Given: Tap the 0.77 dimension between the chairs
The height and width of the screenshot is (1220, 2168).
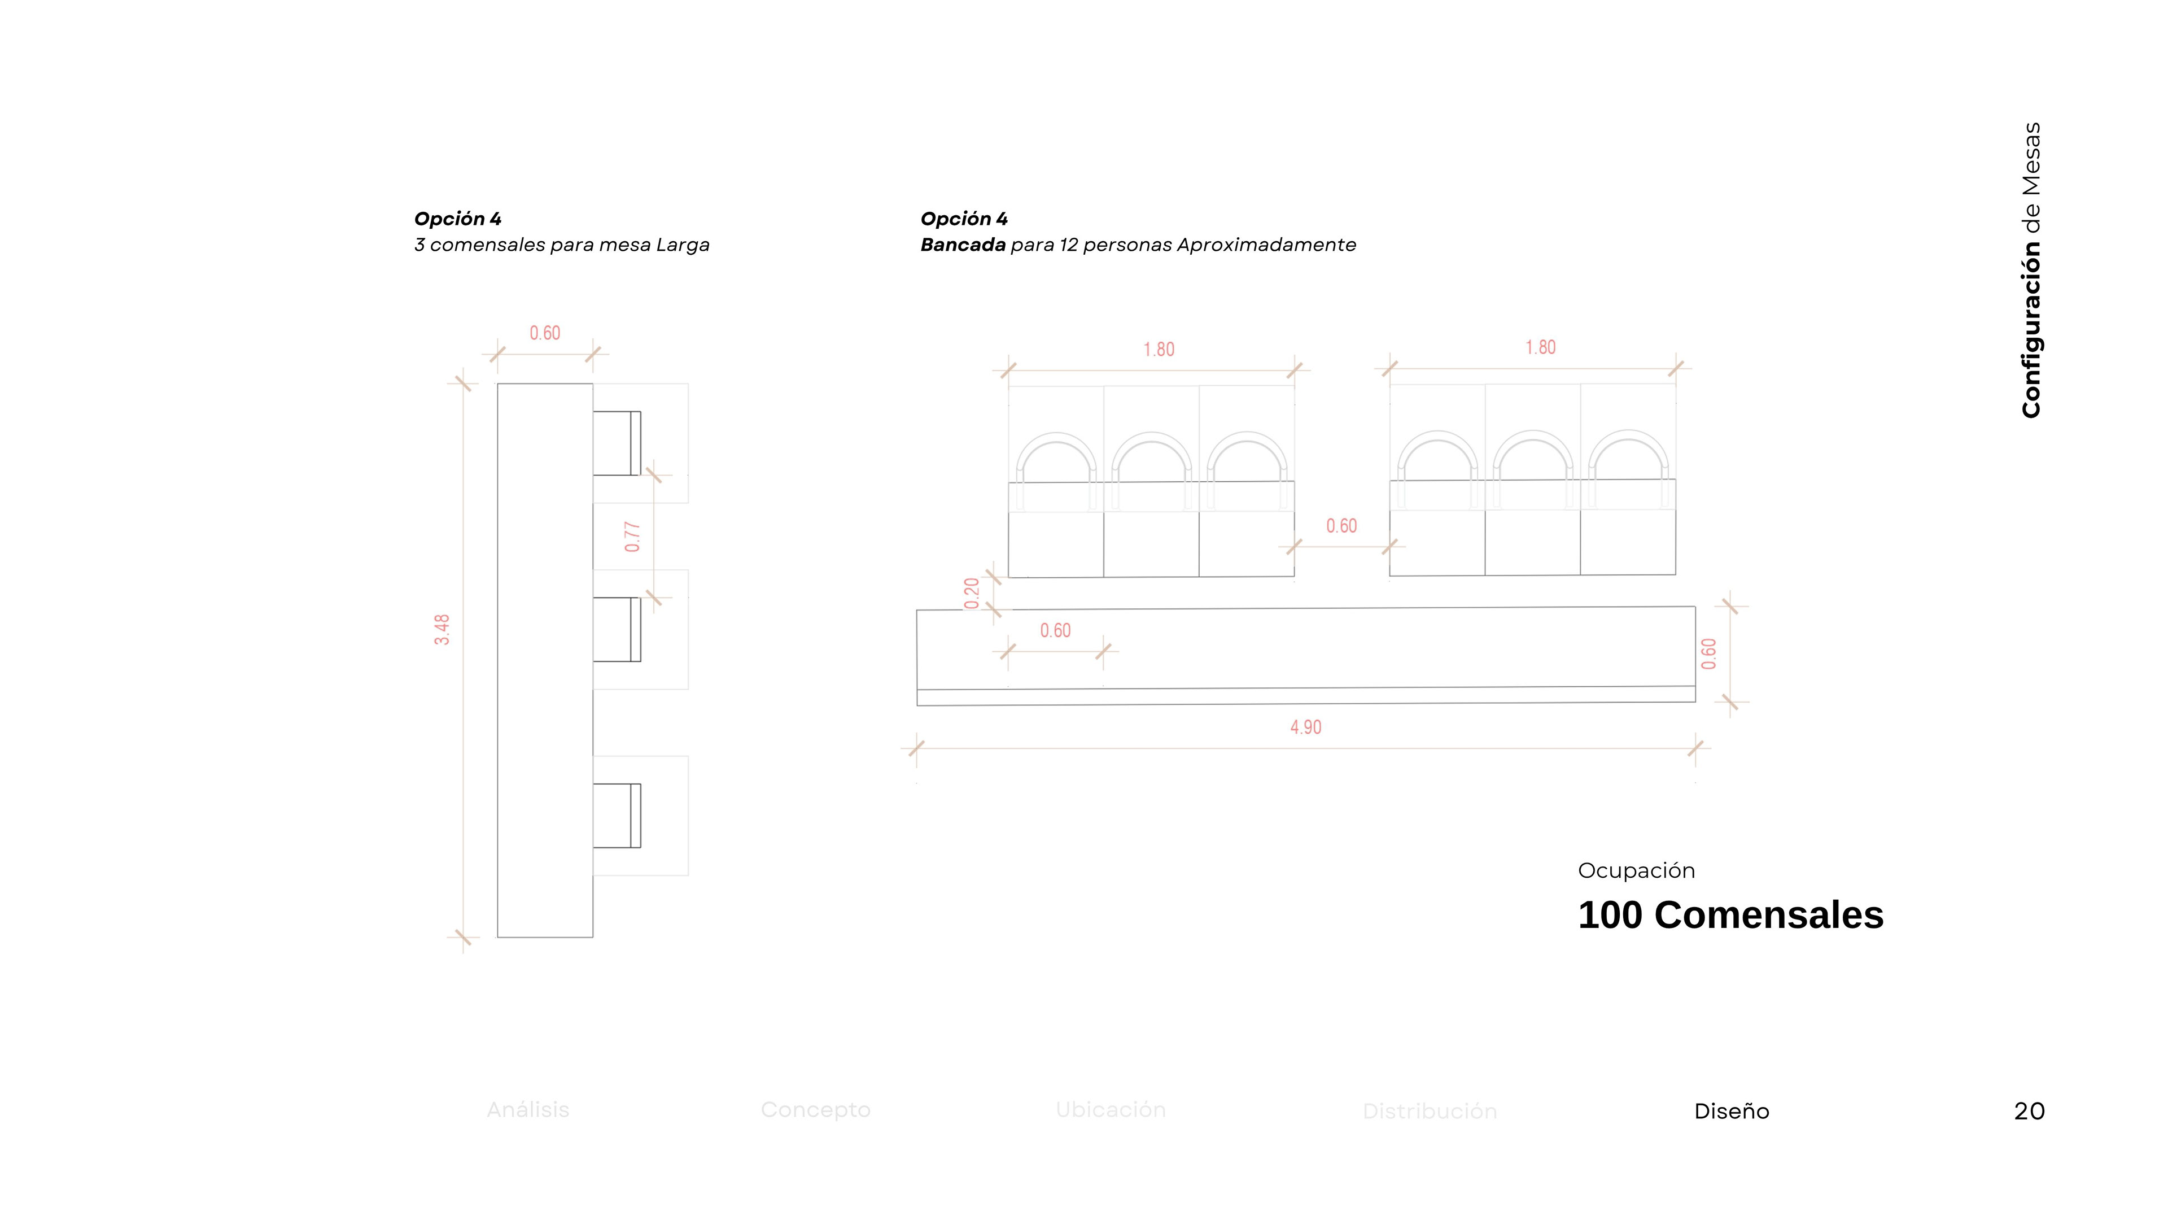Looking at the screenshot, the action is click(x=632, y=537).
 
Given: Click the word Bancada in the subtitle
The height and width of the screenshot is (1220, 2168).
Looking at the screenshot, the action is click(x=962, y=245).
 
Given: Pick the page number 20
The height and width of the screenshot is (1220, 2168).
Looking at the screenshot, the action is click(x=2029, y=1112).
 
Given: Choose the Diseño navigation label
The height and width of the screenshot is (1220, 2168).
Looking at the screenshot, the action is click(x=1731, y=1112).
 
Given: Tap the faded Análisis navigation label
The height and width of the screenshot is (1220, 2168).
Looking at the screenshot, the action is click(x=528, y=1110).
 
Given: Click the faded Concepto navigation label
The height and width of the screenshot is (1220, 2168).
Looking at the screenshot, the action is click(x=815, y=1110).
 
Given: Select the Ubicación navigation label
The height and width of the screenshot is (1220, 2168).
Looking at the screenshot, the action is click(x=1110, y=1110).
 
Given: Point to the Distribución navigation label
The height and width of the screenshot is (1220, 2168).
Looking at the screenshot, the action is click(x=1429, y=1112).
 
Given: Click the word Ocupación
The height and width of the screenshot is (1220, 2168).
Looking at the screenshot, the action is click(x=1635, y=870).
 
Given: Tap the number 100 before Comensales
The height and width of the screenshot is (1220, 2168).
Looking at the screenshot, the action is click(x=1609, y=915).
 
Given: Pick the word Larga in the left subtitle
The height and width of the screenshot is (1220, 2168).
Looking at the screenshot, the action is click(x=683, y=245).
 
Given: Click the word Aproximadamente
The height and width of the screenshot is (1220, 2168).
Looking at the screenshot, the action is click(x=1266, y=245).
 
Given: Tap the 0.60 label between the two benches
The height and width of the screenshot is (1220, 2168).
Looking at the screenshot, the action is click(x=1341, y=526).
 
